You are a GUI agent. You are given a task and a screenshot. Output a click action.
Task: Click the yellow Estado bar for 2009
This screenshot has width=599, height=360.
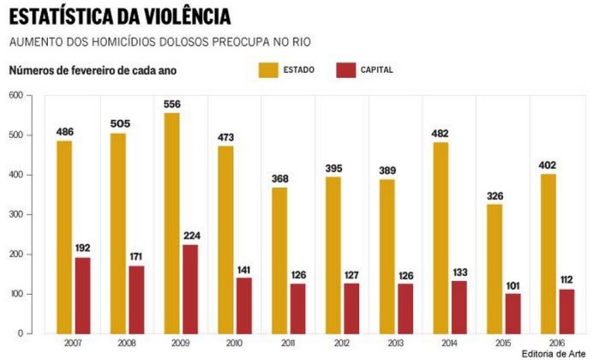click(171, 223)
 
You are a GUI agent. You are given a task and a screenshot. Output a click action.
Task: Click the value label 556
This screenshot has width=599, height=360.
click(172, 104)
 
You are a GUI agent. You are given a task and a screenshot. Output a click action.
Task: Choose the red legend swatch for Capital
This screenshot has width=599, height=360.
click(347, 69)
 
